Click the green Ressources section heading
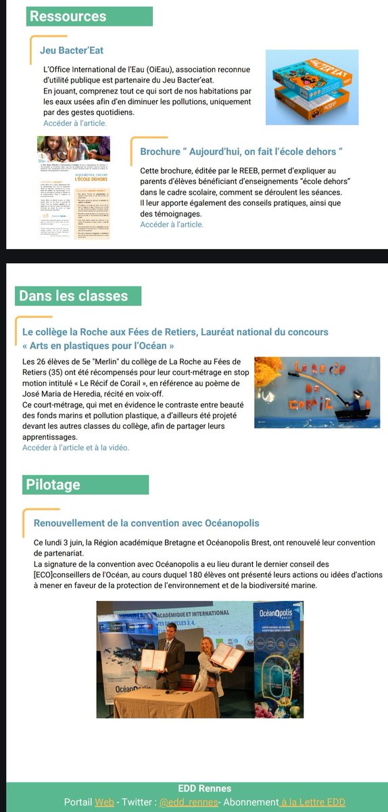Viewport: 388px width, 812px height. point(68,16)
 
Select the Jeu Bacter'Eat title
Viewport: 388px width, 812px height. point(71,50)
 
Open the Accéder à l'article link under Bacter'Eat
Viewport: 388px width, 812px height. point(74,123)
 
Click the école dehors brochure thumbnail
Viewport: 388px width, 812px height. point(74,187)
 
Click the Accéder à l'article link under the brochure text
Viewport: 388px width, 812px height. point(172,224)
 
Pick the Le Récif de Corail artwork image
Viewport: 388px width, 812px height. point(318,392)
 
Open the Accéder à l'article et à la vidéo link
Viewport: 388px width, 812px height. point(75,447)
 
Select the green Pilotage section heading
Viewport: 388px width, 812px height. point(53,484)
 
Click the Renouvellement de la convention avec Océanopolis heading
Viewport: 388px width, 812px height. point(146,523)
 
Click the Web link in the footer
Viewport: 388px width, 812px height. point(104,802)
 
